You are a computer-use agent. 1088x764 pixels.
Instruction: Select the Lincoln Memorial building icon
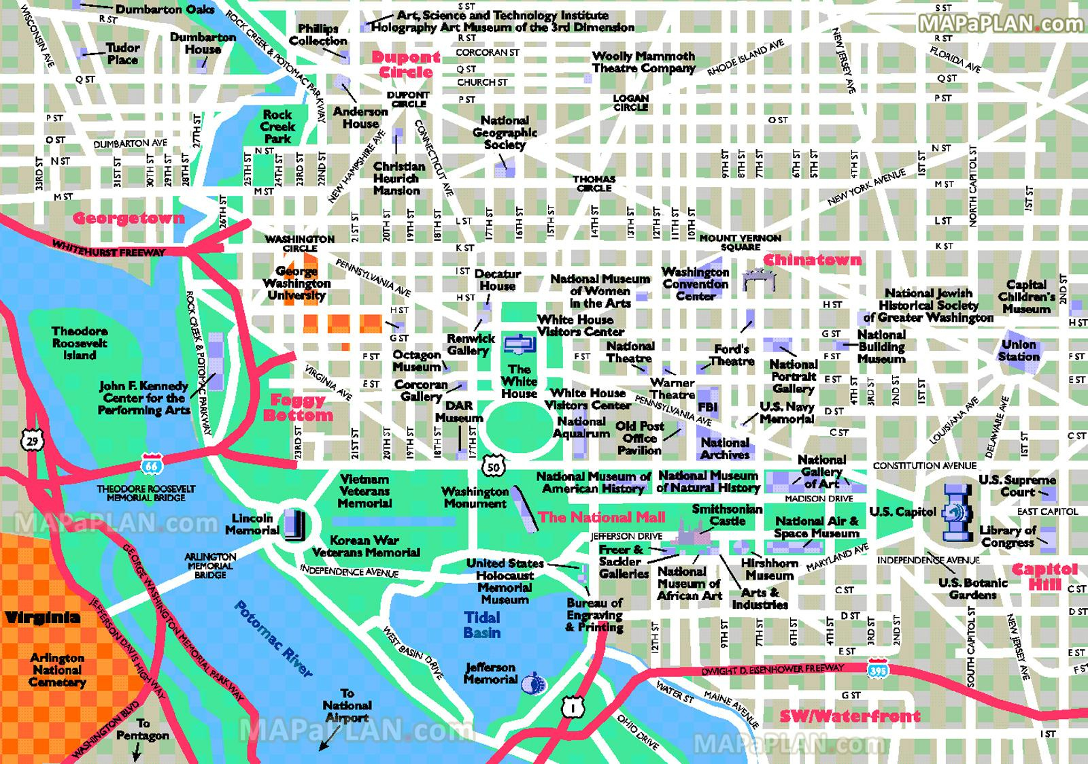pyautogui.click(x=295, y=525)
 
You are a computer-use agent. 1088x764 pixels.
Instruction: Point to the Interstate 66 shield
pyautogui.click(x=151, y=464)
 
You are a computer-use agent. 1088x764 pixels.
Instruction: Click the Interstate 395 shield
pyautogui.click(x=878, y=669)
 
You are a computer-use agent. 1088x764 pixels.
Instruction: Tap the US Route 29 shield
pyautogui.click(x=33, y=441)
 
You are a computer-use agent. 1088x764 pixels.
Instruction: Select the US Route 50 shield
pyautogui.click(x=494, y=467)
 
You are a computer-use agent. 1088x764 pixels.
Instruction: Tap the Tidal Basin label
pyautogui.click(x=481, y=625)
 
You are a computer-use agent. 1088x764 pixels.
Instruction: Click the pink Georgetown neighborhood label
pyautogui.click(x=129, y=218)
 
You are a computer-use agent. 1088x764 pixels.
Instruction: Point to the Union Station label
pyautogui.click(x=1019, y=350)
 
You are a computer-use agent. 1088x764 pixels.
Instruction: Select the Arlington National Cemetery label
pyautogui.click(x=57, y=669)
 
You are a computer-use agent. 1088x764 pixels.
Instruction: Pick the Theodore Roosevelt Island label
pyautogui.click(x=80, y=343)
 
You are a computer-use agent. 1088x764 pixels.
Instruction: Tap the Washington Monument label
pyautogui.click(x=475, y=497)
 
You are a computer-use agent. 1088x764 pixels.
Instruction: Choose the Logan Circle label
pyautogui.click(x=630, y=102)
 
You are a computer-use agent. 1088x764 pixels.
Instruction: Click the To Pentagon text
pyautogui.click(x=142, y=729)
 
